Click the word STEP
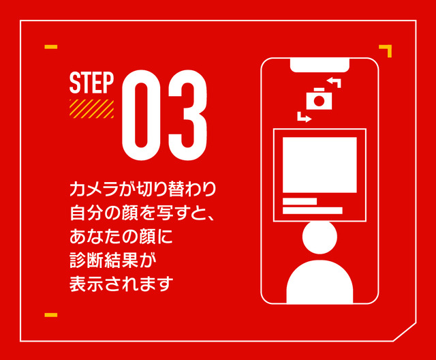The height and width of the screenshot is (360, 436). coord(91,82)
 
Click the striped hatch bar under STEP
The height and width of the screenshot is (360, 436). coord(91,109)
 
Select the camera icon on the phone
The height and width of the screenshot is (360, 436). coord(319,99)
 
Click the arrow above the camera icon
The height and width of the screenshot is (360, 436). coord(334,82)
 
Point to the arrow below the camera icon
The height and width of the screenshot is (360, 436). coord(305,117)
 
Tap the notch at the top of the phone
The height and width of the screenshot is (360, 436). coord(320,65)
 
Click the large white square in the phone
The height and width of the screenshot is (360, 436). coord(320,165)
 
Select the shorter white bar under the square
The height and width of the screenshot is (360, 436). coord(300,201)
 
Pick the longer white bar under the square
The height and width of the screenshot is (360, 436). coord(313,211)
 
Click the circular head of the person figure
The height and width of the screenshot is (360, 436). coord(320,237)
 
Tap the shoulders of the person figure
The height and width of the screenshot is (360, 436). coord(320,282)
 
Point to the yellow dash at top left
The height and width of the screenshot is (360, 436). coord(51,47)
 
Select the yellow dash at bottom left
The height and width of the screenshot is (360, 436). coord(51,315)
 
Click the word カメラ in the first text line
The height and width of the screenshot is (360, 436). coord(94,189)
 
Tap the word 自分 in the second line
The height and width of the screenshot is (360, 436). coord(87,213)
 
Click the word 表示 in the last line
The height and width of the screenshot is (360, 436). coord(87,284)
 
